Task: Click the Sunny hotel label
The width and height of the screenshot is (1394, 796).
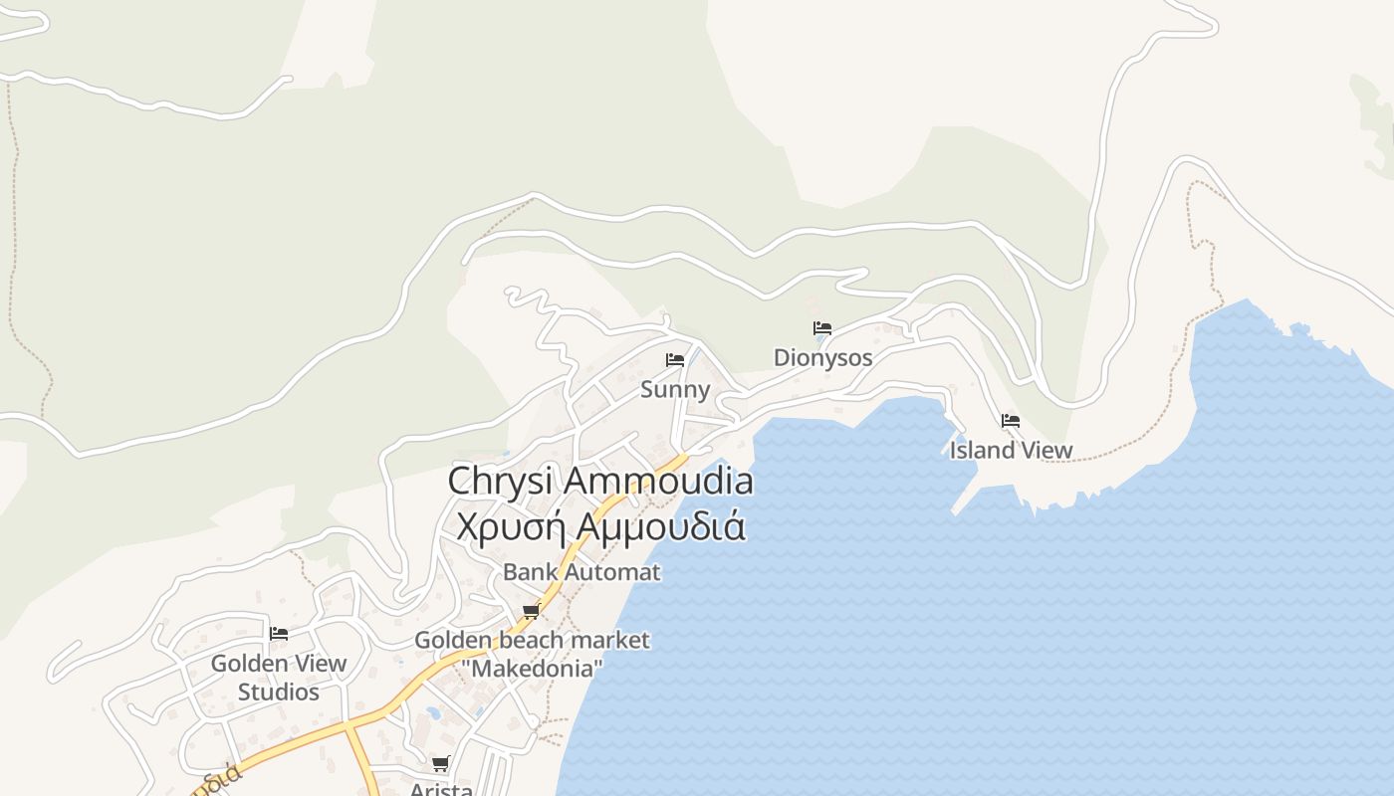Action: pos(675,389)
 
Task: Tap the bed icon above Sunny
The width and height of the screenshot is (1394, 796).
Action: pos(675,360)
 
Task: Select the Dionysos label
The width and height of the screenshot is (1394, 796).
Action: pos(822,357)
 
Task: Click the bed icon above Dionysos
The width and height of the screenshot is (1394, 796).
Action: pos(822,328)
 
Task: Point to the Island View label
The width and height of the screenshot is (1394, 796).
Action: pos(1011,450)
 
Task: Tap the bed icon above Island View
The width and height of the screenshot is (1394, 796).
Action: pos(1011,421)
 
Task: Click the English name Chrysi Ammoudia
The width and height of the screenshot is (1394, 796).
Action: pos(600,482)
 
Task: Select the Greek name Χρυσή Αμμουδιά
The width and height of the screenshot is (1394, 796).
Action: pos(600,525)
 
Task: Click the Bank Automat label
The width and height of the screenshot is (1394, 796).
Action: pos(581,572)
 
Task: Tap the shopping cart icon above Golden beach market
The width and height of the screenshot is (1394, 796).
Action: pos(532,611)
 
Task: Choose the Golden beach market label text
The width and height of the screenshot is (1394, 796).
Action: pos(532,640)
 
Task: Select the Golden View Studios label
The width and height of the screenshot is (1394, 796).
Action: pos(279,677)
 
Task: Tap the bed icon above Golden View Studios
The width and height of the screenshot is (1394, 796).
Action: pos(279,633)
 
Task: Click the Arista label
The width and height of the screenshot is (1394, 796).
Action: pos(441,789)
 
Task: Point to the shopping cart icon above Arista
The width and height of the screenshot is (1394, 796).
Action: pos(441,764)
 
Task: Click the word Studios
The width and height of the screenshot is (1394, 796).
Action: pos(279,692)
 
